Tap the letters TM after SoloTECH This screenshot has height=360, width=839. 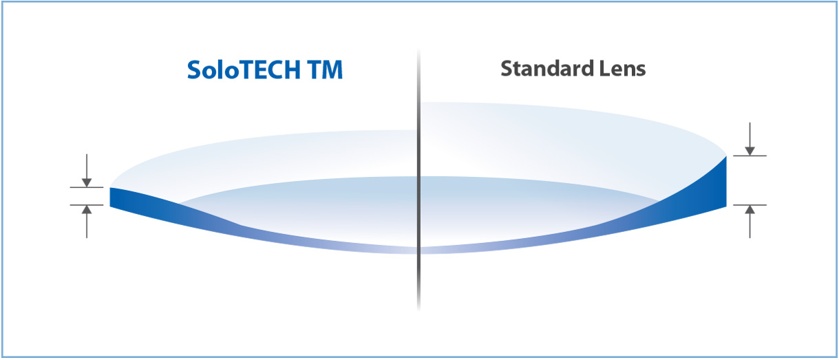pyautogui.click(x=325, y=70)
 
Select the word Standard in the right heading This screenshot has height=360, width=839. pyautogui.click(x=547, y=69)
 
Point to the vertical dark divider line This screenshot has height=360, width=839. pyautogui.click(x=418, y=180)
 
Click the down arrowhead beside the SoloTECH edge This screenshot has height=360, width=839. pyautogui.click(x=87, y=182)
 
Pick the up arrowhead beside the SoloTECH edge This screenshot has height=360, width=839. pyautogui.click(x=87, y=210)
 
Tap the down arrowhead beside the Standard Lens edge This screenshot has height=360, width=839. pyautogui.click(x=750, y=151)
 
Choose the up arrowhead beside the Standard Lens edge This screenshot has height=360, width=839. pyautogui.click(x=750, y=210)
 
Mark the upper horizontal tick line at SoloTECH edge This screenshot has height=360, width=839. pyautogui.click(x=87, y=187)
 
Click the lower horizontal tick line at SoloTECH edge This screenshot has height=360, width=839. pyautogui.click(x=87, y=205)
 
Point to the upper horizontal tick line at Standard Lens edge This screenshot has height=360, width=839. pyautogui.click(x=750, y=156)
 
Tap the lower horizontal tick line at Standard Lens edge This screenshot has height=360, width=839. pyautogui.click(x=750, y=205)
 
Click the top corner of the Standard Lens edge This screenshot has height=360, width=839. pyautogui.click(x=726, y=156)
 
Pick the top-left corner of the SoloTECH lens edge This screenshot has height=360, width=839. pyautogui.click(x=110, y=188)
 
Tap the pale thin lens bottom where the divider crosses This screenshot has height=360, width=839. pyautogui.click(x=418, y=251)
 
